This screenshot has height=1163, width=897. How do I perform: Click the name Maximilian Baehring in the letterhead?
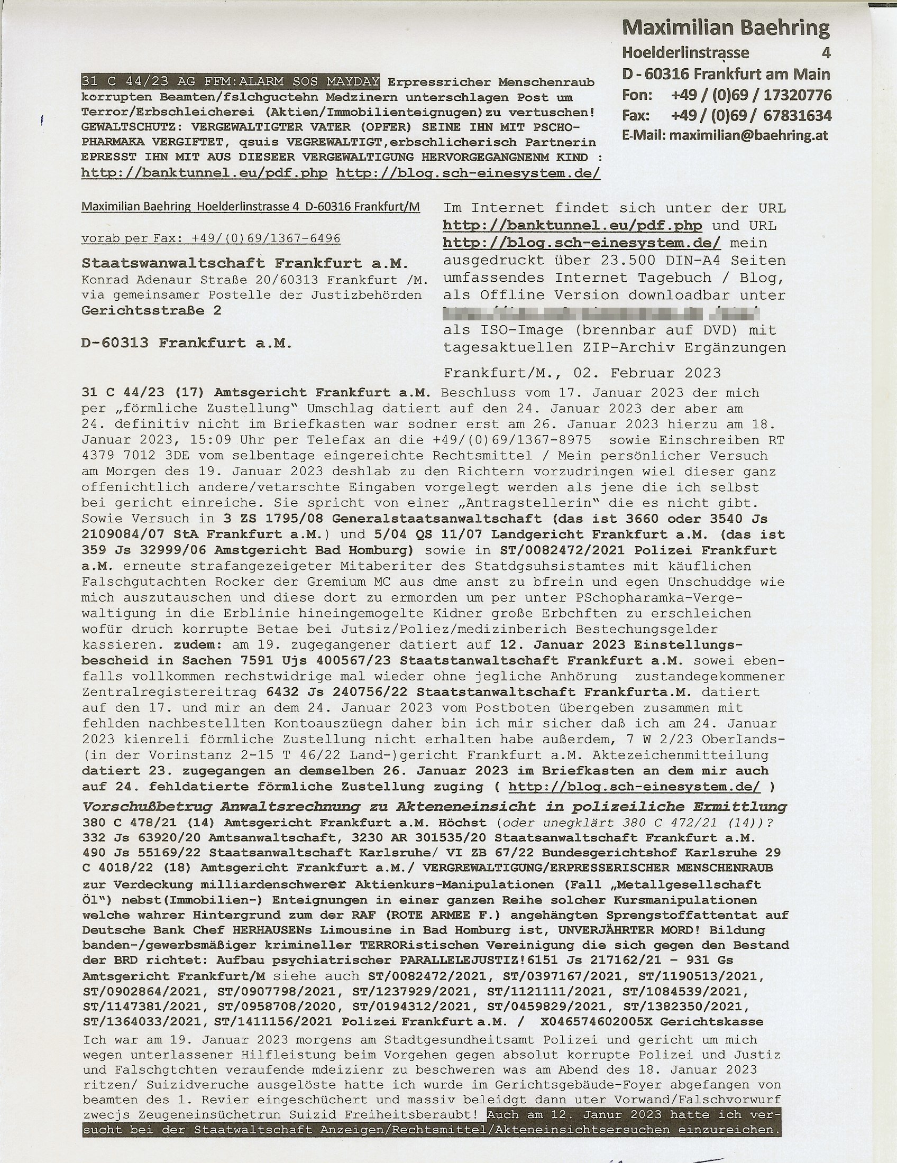pyautogui.click(x=726, y=27)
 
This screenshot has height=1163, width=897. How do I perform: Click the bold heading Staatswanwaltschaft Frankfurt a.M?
pyautogui.click(x=245, y=264)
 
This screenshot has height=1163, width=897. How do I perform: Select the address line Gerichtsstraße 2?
pyautogui.click(x=151, y=310)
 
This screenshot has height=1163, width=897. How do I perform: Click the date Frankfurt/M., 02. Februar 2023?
pyautogui.click(x=582, y=373)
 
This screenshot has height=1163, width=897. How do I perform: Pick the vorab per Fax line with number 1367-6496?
pyautogui.click(x=210, y=238)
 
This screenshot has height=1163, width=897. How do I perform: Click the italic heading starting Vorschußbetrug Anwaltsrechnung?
pyautogui.click(x=434, y=806)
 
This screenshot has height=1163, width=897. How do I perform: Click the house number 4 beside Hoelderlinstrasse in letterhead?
pyautogui.click(x=826, y=53)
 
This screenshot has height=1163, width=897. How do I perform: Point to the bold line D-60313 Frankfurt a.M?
pyautogui.click(x=186, y=343)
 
